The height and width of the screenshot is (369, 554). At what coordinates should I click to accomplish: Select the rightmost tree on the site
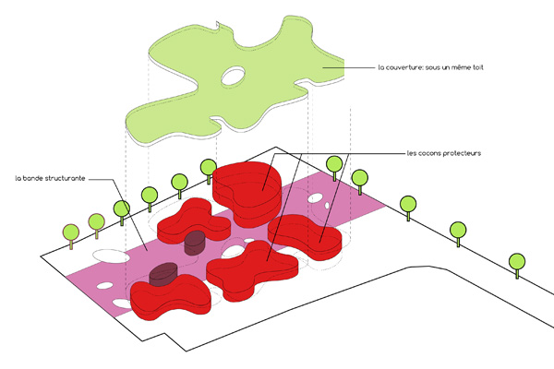pos(518,261)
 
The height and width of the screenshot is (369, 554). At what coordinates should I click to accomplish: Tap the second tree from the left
pos(95,221)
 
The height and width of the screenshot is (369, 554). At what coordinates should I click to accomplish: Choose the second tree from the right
pos(457,231)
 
